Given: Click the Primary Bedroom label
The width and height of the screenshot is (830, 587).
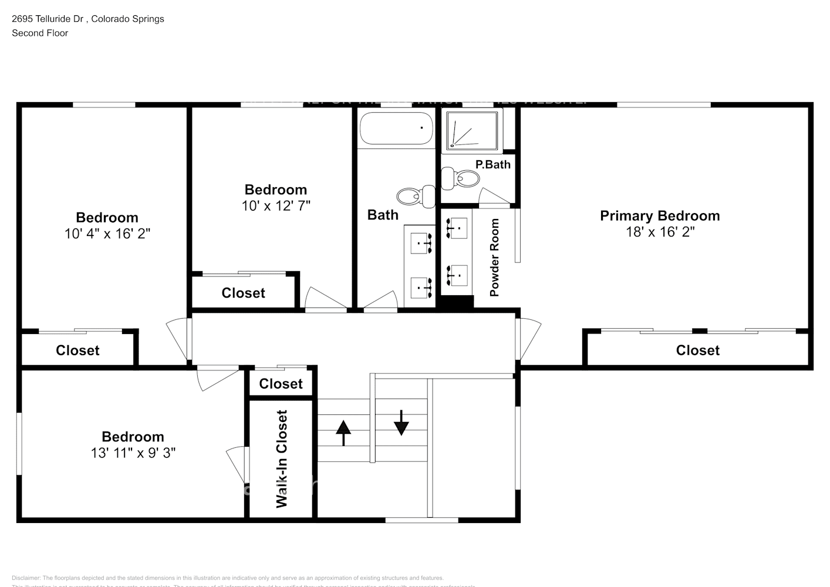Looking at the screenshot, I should (x=660, y=216).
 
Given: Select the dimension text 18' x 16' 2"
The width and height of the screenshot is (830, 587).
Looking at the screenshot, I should (x=660, y=232).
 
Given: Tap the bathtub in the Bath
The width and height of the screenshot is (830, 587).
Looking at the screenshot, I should (x=396, y=129).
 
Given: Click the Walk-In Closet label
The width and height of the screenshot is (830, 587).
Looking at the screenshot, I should (x=282, y=458).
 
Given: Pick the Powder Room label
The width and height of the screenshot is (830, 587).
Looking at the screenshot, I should (x=494, y=257).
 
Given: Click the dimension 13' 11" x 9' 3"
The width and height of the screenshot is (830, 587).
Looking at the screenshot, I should (x=133, y=453).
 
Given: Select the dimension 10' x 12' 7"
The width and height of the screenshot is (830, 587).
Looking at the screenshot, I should (x=276, y=206).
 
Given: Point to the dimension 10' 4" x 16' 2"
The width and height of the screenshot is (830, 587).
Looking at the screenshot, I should (x=107, y=234).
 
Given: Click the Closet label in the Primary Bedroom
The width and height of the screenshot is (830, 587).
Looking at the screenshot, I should (x=697, y=350).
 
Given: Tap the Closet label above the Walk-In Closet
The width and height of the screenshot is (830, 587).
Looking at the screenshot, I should (x=281, y=384).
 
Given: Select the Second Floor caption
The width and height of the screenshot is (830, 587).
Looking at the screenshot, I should (x=40, y=33).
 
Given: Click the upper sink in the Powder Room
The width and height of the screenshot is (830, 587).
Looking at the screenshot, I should (x=457, y=228).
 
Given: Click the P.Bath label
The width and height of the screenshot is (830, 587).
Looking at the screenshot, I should (x=492, y=164).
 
